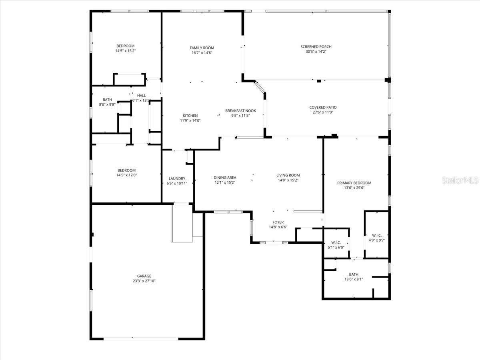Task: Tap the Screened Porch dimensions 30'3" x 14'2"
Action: (316, 52)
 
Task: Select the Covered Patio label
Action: (323, 107)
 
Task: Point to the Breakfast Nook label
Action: (240, 111)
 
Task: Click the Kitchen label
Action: (190, 116)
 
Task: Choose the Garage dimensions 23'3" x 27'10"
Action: (144, 281)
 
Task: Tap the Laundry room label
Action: (177, 178)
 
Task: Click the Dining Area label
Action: (225, 178)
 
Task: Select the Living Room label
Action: (288, 175)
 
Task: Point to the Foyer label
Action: (278, 222)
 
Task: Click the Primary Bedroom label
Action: (354, 183)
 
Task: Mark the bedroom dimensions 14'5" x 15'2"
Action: (125, 51)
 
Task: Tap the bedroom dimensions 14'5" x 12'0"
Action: (126, 175)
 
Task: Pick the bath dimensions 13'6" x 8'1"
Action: (354, 279)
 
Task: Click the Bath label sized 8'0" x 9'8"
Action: (107, 100)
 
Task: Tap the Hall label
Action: (142, 96)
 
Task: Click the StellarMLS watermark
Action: (460, 181)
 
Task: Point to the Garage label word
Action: (144, 276)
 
